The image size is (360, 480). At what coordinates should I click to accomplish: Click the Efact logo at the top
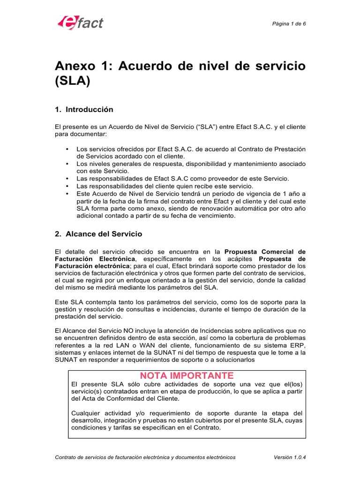tap(80, 22)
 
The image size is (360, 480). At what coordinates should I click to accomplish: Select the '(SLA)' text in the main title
tap(72, 82)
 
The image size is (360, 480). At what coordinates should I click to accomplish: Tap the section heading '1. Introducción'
tap(84, 110)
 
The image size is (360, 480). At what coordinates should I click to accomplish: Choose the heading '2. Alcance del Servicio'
tap(98, 233)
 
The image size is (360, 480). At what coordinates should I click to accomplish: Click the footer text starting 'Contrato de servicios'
tap(145, 457)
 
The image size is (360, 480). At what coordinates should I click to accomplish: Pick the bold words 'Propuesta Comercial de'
tap(267, 251)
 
